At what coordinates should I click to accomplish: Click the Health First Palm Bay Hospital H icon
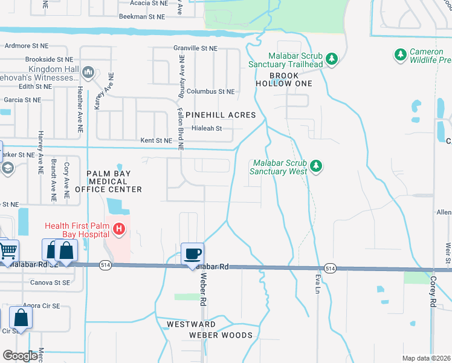[120, 230]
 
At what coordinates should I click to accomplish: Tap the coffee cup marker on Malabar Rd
[192, 253]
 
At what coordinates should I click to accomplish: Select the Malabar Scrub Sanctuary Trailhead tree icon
[331, 59]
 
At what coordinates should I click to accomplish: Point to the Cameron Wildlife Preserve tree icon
[400, 55]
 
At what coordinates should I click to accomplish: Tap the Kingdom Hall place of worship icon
[88, 73]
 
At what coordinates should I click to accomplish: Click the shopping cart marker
[8, 250]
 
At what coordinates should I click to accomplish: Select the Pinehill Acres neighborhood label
[221, 115]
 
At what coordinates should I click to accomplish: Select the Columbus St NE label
[210, 91]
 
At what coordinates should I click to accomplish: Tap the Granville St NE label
[195, 48]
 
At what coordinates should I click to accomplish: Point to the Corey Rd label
[433, 290]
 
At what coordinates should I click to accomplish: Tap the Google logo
[20, 356]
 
